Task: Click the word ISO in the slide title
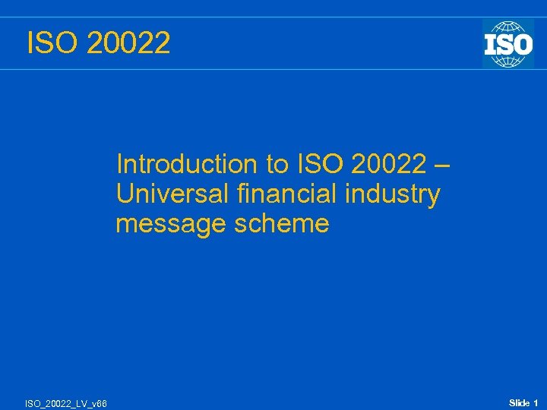click(52, 43)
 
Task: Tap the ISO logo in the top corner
click(507, 43)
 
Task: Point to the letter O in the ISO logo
click(523, 43)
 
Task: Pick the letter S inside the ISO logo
click(507, 43)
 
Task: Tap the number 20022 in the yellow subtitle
click(387, 164)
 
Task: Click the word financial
click(287, 194)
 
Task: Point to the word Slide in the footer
click(519, 402)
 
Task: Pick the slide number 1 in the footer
click(536, 402)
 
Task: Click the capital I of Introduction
click(120, 164)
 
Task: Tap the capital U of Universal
click(125, 194)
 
